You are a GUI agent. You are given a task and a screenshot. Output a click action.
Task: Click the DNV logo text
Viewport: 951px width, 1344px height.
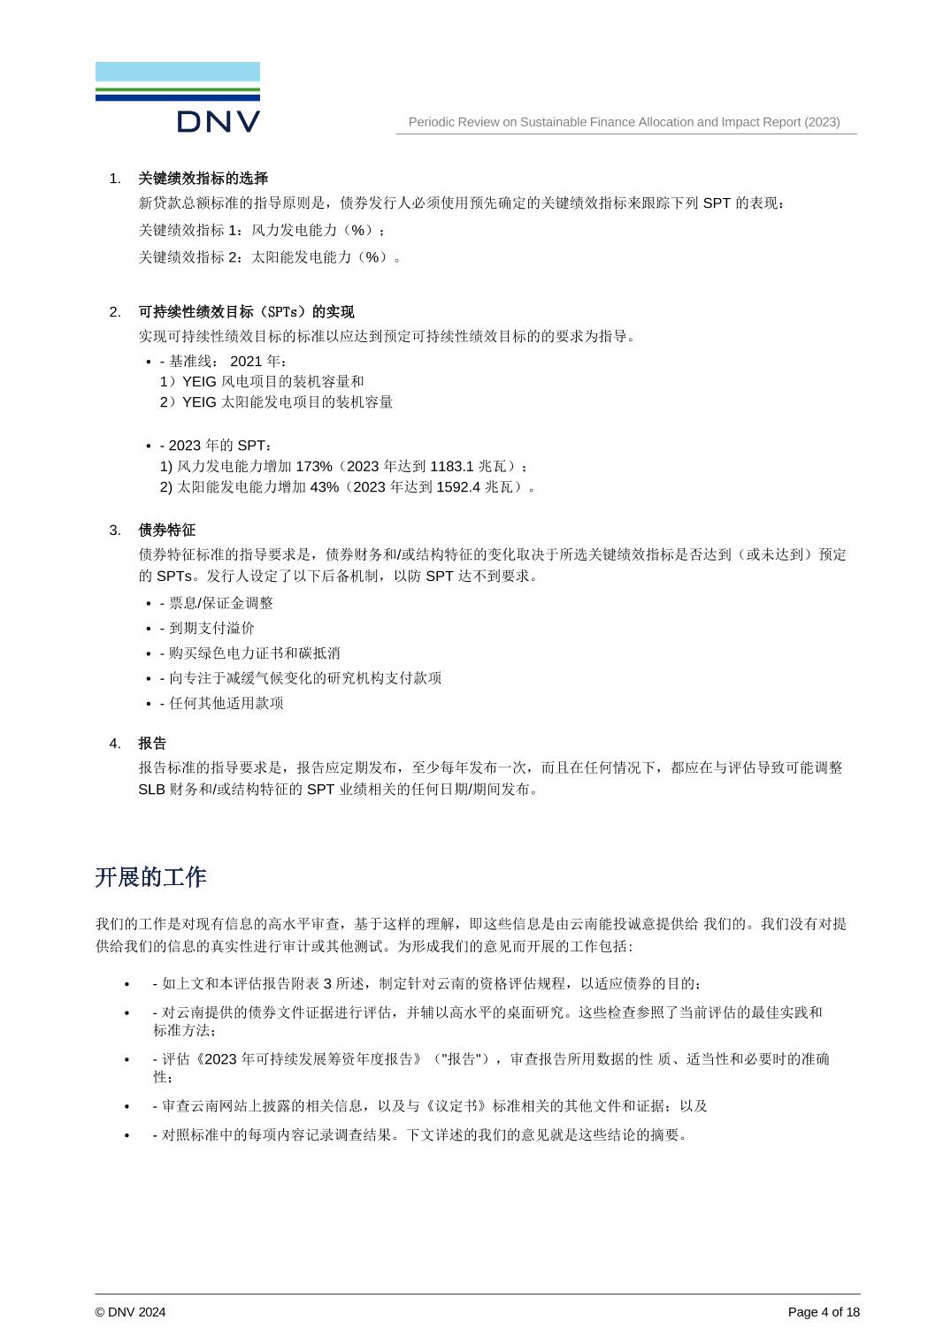tap(218, 122)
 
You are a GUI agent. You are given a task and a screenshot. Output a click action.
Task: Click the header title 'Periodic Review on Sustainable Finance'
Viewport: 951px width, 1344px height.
tap(624, 122)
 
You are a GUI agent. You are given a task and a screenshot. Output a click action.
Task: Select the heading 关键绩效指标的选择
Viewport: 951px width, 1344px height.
tap(203, 179)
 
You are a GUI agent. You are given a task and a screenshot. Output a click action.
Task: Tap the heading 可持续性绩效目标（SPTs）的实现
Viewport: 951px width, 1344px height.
tap(246, 312)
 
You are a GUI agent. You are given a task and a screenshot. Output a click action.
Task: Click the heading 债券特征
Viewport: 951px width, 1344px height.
tap(166, 531)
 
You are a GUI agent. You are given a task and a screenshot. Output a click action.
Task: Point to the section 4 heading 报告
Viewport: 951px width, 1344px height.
tap(152, 744)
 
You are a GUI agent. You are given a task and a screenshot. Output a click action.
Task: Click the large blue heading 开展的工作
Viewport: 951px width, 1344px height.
tap(150, 877)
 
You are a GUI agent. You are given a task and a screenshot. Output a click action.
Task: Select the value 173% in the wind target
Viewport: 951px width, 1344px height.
tap(314, 466)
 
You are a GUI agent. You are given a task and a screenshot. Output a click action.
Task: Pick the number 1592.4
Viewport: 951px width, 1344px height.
tap(458, 487)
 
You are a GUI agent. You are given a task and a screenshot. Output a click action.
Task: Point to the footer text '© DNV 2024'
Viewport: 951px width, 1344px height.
tap(130, 1312)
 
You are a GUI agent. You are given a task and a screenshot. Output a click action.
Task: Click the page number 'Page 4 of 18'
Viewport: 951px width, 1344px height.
tap(824, 1312)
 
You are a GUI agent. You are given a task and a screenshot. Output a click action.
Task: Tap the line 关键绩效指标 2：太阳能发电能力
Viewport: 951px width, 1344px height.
tap(270, 257)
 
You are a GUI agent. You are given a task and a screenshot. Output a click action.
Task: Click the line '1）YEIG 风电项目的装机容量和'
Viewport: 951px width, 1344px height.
tap(262, 382)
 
